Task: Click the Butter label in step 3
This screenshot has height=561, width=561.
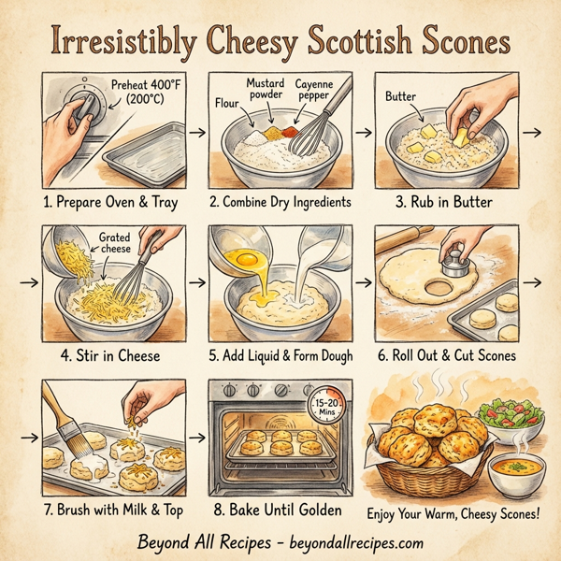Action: click(x=400, y=95)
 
